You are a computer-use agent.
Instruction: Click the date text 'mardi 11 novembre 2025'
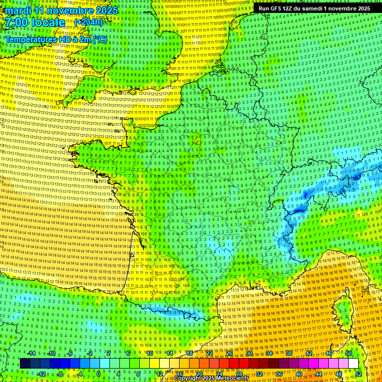pos(59,10)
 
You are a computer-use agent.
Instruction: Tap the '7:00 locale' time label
pos(34,23)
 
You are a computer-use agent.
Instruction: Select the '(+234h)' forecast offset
pos(89,22)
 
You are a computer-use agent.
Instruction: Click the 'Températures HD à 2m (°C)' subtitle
pos(56,40)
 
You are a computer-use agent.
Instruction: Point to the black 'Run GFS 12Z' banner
pos(314,8)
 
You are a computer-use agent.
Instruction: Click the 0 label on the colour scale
pos(98,374)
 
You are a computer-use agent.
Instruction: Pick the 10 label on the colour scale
pos(149,353)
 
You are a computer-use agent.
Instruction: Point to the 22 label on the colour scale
pos(209,353)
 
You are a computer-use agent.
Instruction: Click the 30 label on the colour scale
pos(249,353)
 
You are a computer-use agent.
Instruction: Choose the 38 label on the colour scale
pos(289,353)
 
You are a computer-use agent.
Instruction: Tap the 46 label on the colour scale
pos(329,353)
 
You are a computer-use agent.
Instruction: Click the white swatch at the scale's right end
pos(353,364)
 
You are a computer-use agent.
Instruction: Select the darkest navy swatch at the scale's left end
pos(25,364)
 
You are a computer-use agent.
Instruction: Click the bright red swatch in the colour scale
pos(234,364)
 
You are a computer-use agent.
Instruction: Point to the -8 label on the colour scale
pos(59,374)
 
